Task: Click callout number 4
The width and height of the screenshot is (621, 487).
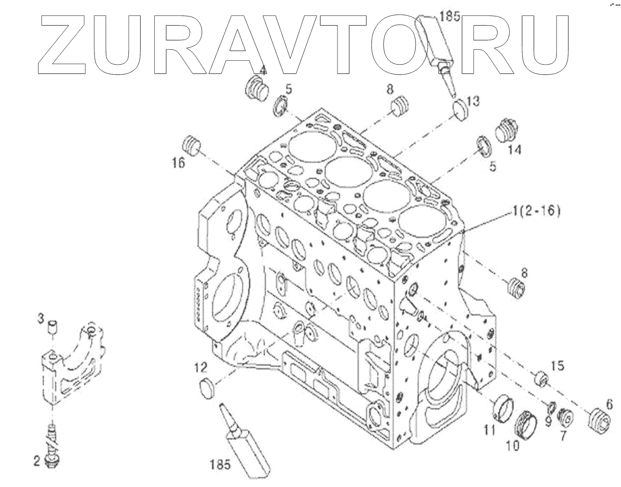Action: (x=263, y=70)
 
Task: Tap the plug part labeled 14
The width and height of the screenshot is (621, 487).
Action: (x=506, y=130)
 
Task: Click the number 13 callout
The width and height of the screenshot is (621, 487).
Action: (x=473, y=101)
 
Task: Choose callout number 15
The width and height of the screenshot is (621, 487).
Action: (x=557, y=367)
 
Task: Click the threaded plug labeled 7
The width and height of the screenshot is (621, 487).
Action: (x=565, y=416)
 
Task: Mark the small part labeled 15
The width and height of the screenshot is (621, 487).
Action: (x=541, y=379)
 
